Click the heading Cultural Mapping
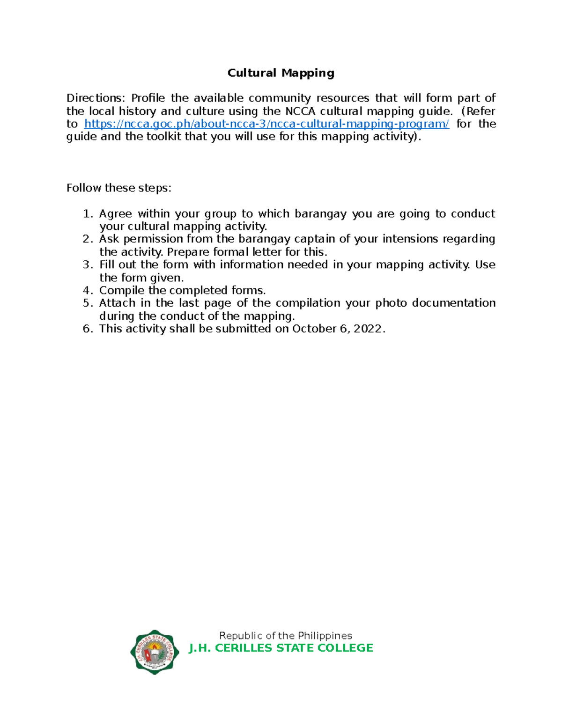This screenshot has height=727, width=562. (281, 73)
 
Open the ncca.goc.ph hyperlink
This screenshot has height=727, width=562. (266, 124)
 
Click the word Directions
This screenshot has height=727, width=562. (95, 98)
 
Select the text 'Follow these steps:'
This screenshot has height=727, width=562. (119, 188)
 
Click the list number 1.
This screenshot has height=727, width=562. (87, 214)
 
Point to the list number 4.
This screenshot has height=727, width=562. (87, 291)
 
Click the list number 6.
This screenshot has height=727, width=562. (87, 329)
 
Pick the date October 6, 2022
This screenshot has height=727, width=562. (337, 329)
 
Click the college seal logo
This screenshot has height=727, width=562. (155, 652)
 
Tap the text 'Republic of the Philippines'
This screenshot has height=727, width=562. (285, 636)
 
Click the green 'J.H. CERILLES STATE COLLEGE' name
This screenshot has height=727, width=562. (281, 648)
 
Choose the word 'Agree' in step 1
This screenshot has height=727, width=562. (115, 214)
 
